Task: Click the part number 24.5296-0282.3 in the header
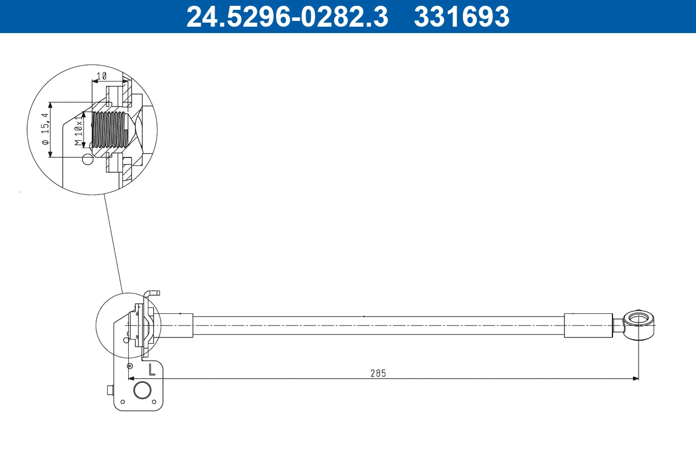pos(287,16)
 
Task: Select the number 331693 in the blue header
pos(461,16)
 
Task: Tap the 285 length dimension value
pos(378,373)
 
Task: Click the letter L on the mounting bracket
pos(151,368)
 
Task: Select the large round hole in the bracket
pos(142,390)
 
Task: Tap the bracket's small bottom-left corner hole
pos(122,401)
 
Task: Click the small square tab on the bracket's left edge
pos(110,390)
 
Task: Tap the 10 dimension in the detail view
pos(101,76)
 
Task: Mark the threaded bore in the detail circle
pos(110,130)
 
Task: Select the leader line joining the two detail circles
pos(113,241)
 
